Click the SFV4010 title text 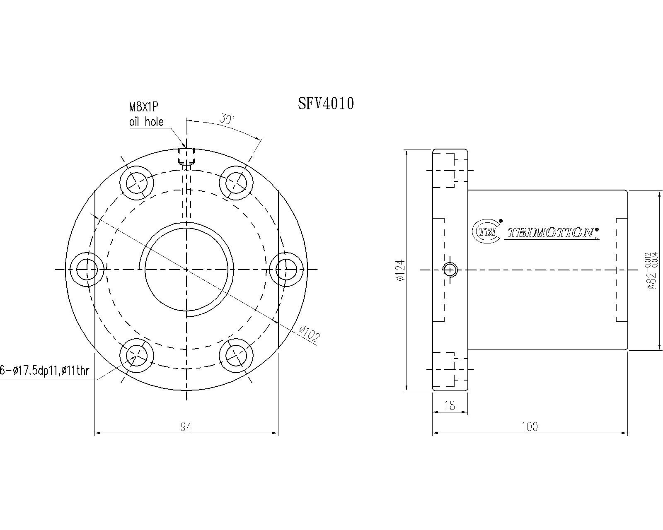326,104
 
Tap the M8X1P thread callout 143,107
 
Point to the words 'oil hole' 146,122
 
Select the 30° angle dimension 227,119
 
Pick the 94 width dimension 186,426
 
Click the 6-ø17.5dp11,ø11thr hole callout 45,371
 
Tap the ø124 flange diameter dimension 401,270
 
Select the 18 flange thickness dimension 450,406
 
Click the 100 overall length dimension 530,426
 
